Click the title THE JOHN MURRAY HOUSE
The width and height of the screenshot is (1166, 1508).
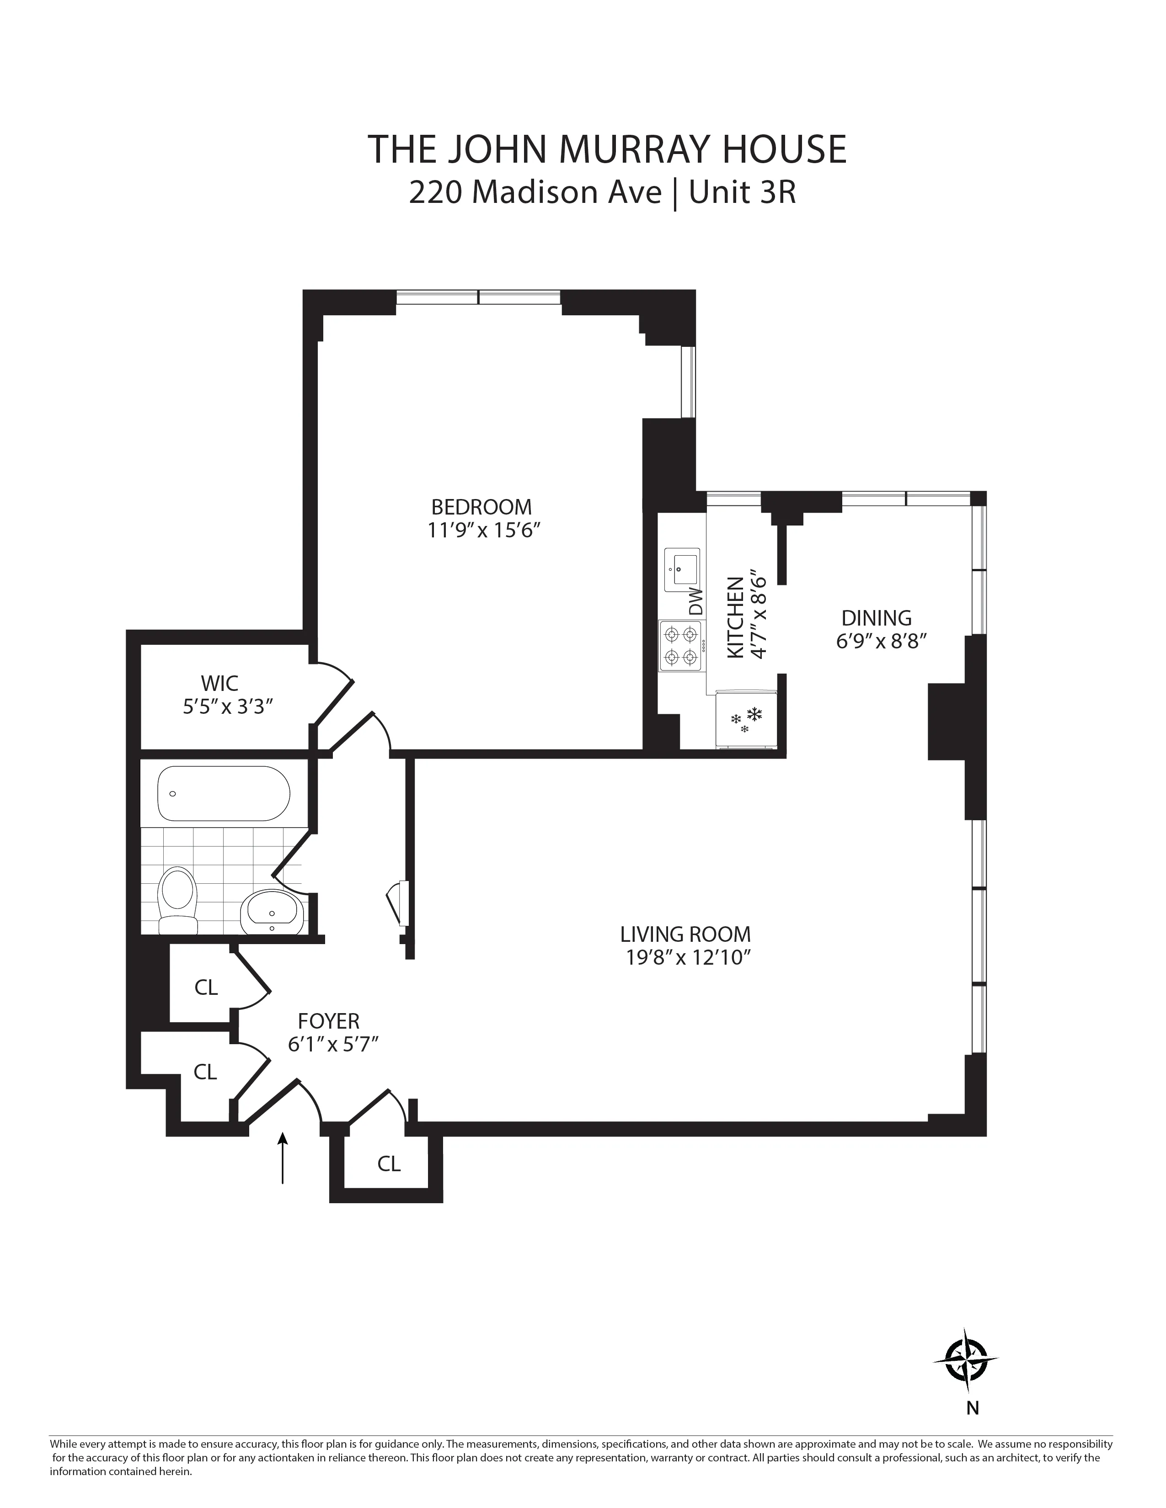[x=606, y=149]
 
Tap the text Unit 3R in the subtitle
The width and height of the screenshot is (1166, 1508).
[x=743, y=193]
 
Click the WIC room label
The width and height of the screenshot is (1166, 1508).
[x=219, y=684]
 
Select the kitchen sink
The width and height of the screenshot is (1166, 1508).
[x=682, y=570]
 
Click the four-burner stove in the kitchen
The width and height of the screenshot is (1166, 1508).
[x=681, y=646]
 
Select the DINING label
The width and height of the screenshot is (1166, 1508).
[x=876, y=617]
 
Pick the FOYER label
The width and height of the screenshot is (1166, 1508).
[x=329, y=1020]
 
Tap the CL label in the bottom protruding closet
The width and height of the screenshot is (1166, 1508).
[x=389, y=1164]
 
